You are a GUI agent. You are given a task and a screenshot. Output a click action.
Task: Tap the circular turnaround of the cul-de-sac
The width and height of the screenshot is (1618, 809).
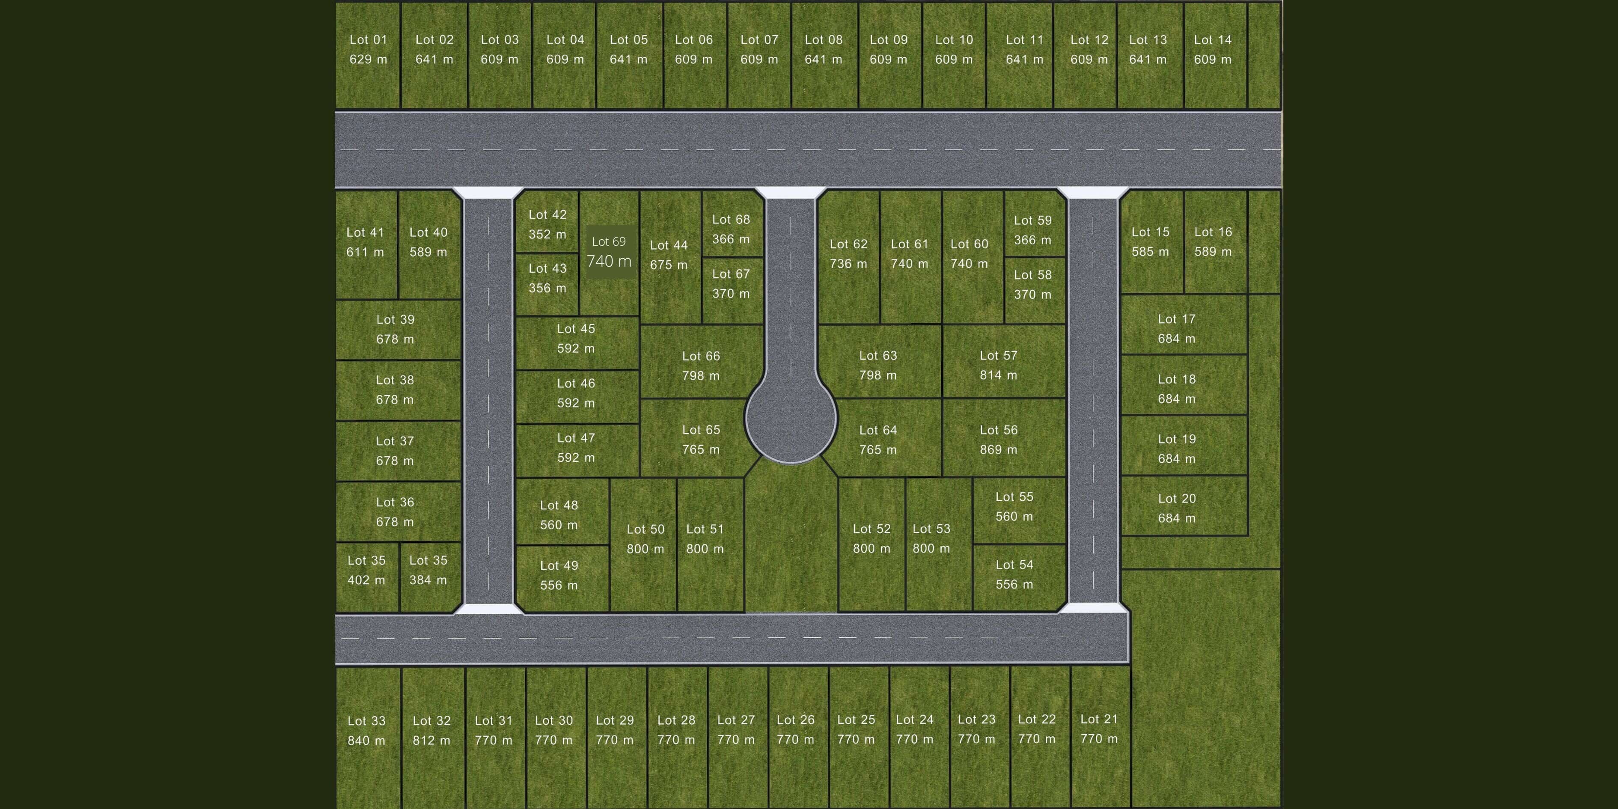(x=791, y=418)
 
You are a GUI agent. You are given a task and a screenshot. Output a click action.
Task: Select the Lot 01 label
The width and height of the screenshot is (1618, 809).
(x=368, y=39)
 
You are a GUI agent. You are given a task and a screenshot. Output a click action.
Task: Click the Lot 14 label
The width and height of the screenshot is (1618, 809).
(x=1212, y=39)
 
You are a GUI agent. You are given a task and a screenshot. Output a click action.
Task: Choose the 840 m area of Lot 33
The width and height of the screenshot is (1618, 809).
(x=366, y=741)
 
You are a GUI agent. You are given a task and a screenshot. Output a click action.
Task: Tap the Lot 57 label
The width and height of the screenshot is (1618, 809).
(x=998, y=356)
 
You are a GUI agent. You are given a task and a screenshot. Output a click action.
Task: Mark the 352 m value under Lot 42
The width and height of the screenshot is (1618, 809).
(x=547, y=234)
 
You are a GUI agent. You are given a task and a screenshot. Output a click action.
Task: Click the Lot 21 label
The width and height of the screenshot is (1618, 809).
(x=1098, y=719)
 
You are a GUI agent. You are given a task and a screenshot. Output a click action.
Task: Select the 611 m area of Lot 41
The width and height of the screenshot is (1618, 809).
(x=365, y=252)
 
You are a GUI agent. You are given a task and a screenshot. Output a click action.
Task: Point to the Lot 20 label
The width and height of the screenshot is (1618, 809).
(x=1176, y=499)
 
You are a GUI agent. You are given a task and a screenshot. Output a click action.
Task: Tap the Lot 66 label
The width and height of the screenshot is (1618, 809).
(x=701, y=356)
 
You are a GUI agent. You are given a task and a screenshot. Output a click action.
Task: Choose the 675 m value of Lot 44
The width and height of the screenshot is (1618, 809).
(x=668, y=265)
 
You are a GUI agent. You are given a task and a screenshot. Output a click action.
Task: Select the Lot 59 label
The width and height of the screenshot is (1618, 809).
(x=1032, y=220)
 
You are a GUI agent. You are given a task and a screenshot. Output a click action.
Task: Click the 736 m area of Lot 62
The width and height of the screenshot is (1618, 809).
(x=848, y=264)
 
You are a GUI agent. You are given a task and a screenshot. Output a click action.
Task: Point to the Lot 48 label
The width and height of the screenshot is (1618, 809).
(x=559, y=506)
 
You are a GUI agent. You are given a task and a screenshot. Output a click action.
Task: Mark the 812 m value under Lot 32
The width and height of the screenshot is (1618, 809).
(x=431, y=741)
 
